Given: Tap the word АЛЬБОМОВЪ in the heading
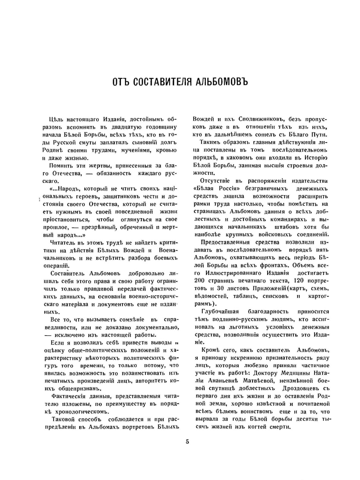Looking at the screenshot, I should coord(222,81).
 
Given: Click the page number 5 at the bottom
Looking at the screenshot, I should coord(187,441).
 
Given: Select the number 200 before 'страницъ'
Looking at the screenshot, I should coord(199,281).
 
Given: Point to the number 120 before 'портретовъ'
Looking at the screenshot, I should coord(299,281).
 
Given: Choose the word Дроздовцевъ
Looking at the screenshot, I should coord(301,389).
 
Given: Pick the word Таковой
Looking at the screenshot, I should coord(63,419).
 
